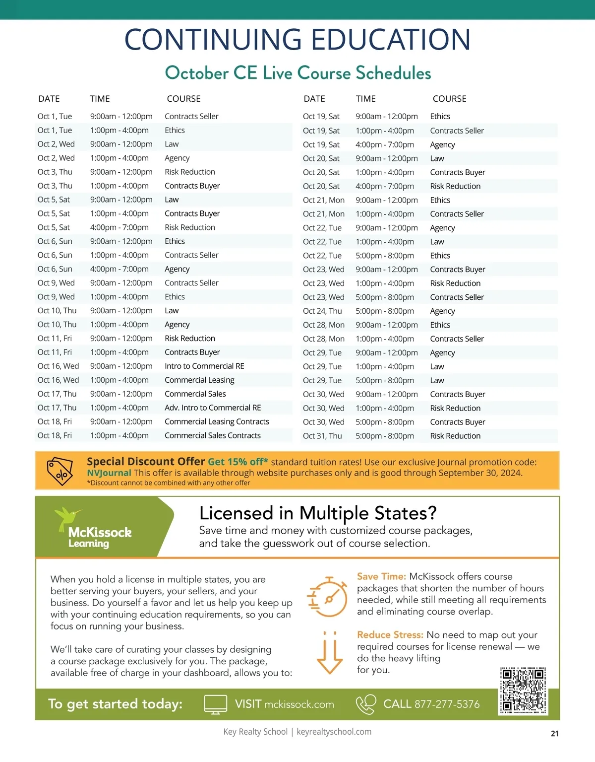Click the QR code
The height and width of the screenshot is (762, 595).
coord(523,690)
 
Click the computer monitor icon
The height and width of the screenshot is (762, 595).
coord(216,704)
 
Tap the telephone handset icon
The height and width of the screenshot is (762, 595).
coord(366,704)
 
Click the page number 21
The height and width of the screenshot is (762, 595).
coord(554,733)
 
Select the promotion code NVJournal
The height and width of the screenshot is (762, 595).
coord(109,473)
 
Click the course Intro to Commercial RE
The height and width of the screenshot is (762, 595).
coord(204,366)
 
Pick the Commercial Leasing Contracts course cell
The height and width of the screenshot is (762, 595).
coord(217,421)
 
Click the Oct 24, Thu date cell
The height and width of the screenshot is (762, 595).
coord(322,311)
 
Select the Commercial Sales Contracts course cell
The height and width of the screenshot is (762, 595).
coord(212,435)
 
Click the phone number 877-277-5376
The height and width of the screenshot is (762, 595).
coord(447,704)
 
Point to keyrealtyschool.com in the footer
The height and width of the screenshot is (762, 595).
coord(334,732)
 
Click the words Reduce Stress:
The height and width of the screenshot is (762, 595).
coord(390,635)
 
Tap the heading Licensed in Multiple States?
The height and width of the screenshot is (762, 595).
coord(318,513)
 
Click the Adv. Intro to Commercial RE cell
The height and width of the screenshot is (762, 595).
coord(213,408)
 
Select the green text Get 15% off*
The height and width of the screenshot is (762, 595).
coord(238,462)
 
